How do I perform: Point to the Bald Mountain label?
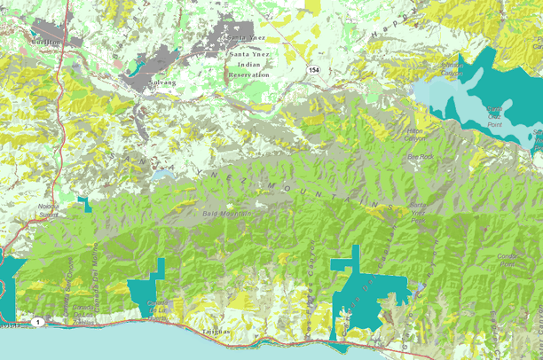point(222,214)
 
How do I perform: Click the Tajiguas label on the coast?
point(215,331)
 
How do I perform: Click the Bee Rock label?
point(419,156)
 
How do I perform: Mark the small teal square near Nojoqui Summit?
point(85,202)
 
